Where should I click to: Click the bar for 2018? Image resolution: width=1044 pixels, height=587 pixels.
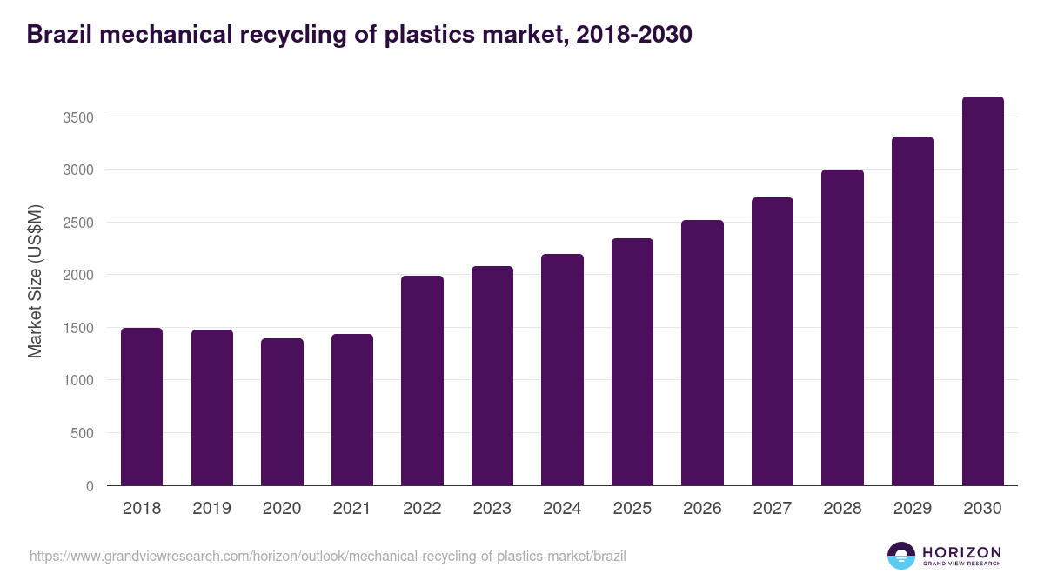[142, 407]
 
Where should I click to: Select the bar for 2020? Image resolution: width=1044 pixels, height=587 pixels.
[282, 412]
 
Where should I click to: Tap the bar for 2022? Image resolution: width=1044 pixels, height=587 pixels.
[422, 381]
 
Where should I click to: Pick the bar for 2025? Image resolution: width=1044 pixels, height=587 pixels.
[632, 362]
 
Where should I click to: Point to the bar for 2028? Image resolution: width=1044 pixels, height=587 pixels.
[842, 328]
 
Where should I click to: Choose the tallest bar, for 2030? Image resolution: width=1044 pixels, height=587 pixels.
[982, 291]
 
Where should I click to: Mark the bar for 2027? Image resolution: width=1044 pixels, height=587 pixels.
[773, 342]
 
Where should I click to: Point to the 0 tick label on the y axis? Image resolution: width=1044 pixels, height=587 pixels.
[90, 487]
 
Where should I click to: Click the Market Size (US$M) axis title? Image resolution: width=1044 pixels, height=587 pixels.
[35, 282]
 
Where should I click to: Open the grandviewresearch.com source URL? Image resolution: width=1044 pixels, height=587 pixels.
[327, 556]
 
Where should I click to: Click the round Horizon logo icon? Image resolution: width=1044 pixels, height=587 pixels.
[901, 556]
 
